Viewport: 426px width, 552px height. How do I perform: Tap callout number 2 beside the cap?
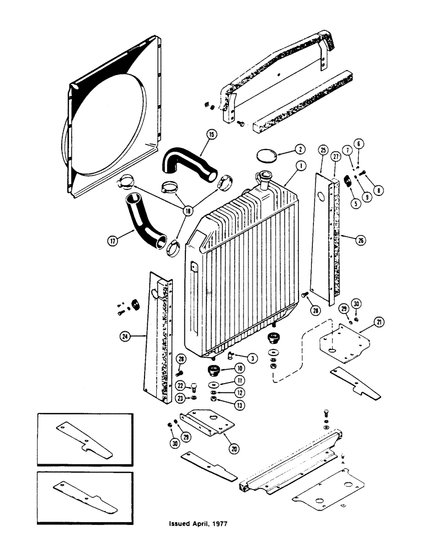(299, 149)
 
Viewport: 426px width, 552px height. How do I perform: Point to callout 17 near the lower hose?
(113, 241)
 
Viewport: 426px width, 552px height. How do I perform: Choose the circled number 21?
(364, 322)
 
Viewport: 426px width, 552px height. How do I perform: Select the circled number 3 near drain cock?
(252, 359)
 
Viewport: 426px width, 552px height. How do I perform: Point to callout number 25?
(322, 149)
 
